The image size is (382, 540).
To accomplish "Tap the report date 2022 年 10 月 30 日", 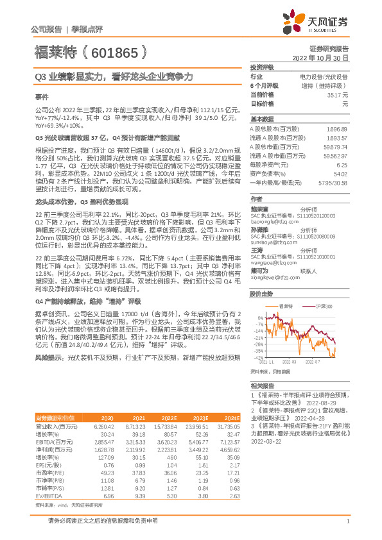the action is (320, 58).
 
